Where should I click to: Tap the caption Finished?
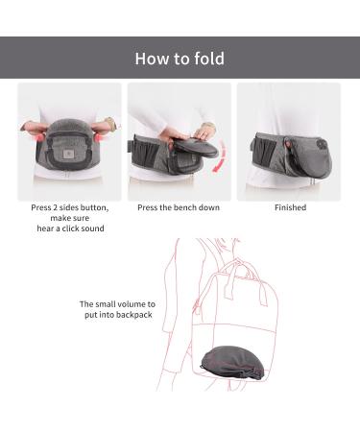point(290,207)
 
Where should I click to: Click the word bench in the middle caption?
point(185,207)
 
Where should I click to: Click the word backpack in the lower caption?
point(134,315)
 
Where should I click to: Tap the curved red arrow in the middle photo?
point(221,156)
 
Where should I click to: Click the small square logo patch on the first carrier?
point(68,155)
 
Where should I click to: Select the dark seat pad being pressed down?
point(196,149)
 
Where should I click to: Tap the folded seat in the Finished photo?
point(310,157)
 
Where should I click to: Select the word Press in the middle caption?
point(148,207)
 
